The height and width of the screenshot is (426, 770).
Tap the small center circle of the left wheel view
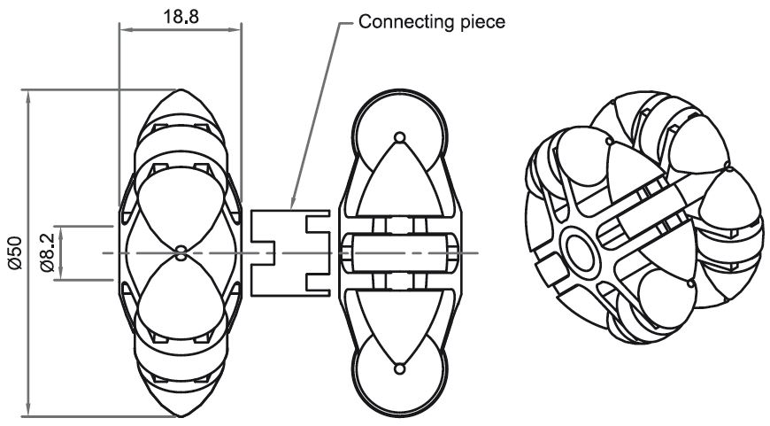(181, 252)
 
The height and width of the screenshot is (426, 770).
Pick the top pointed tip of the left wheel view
(181, 92)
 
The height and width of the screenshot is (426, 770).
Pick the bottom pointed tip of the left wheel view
(181, 414)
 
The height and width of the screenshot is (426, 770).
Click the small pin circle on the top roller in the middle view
(399, 137)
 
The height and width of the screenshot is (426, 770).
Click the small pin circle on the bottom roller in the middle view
(399, 368)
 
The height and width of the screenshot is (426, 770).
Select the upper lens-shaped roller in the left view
(181, 208)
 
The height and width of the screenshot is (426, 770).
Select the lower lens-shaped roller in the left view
(181, 297)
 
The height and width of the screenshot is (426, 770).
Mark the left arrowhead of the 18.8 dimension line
(125, 30)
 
